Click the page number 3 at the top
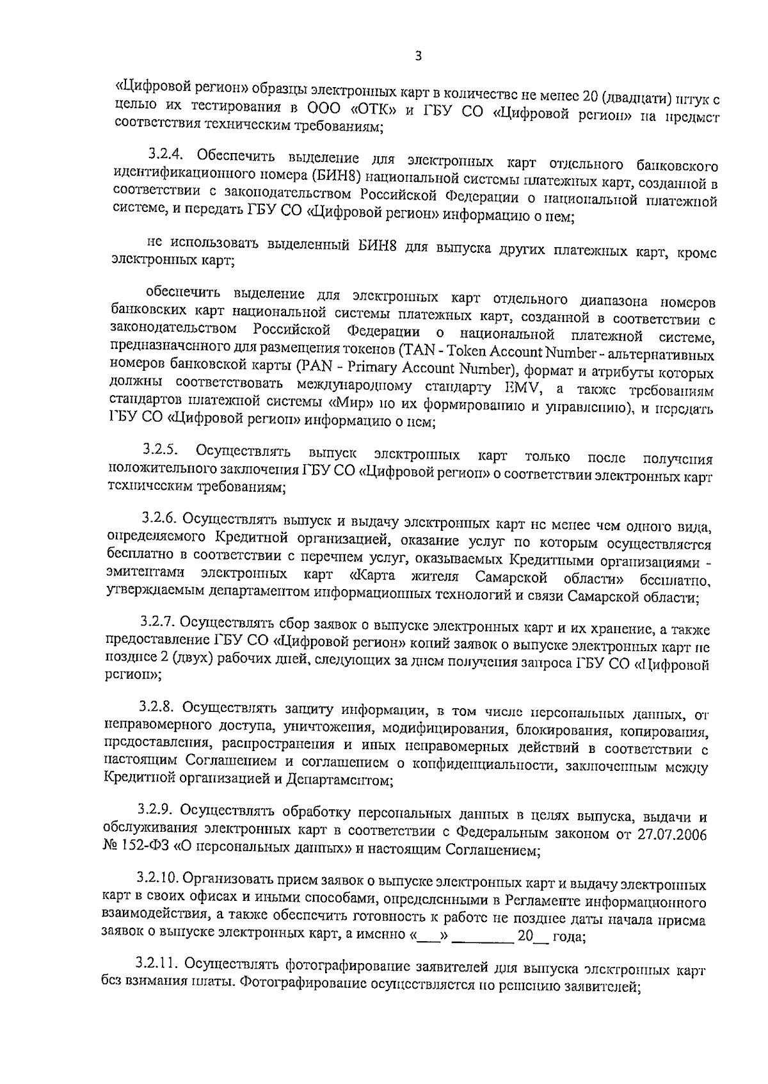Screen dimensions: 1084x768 (418, 56)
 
